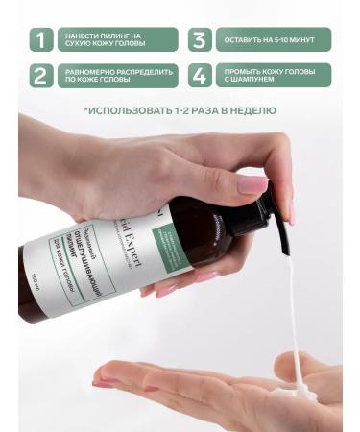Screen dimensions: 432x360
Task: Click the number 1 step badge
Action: (40, 39)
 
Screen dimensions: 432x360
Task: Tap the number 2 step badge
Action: (40, 76)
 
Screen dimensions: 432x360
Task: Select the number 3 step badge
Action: (199, 39)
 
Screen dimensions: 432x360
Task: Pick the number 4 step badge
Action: (199, 76)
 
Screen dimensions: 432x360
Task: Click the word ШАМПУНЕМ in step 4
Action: (249, 82)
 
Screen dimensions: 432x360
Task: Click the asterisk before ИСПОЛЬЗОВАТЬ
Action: (86, 109)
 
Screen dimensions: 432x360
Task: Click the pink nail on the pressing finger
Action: (252, 184)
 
